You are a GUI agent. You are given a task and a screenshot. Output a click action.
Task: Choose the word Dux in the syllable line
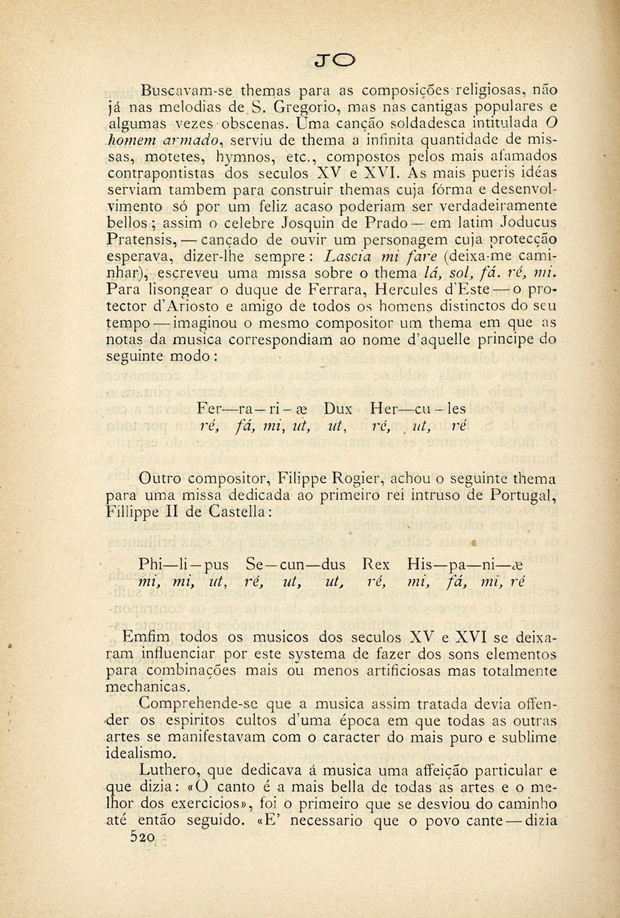338,408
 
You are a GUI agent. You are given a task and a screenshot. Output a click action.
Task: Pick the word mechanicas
143,687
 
